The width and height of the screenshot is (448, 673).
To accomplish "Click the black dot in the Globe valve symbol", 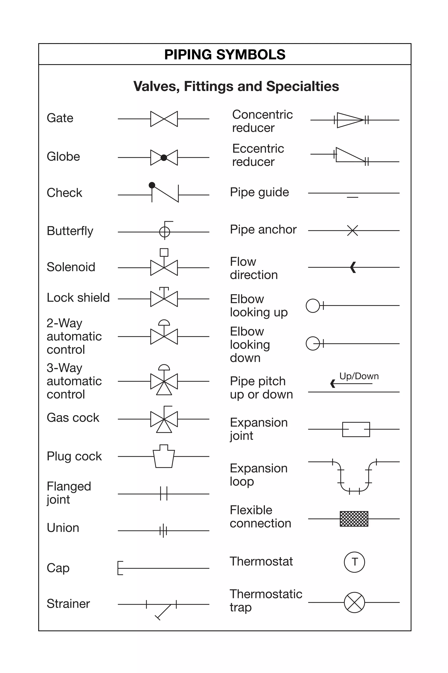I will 164,157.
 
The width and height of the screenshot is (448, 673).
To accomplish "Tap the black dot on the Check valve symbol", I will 152,185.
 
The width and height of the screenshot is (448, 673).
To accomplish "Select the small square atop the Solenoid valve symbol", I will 164,252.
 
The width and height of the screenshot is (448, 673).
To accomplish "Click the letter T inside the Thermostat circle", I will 355,562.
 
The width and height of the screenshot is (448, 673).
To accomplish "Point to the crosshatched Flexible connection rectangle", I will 354,519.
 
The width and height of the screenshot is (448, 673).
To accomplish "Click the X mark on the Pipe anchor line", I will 353,230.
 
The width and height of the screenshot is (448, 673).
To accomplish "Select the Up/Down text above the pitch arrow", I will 359,376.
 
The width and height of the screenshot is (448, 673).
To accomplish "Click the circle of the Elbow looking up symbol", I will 313,306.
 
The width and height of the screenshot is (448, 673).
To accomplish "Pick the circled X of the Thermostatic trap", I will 354,602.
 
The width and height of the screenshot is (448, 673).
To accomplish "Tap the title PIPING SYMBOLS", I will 225,54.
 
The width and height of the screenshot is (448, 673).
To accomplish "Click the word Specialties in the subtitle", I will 302,86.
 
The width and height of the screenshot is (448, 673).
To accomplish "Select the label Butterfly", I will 70,231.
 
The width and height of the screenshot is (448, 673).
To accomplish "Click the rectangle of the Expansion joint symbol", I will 356,429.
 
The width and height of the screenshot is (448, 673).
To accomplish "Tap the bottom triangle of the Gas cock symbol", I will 164,426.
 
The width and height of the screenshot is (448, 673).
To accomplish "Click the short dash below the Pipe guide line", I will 353,197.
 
